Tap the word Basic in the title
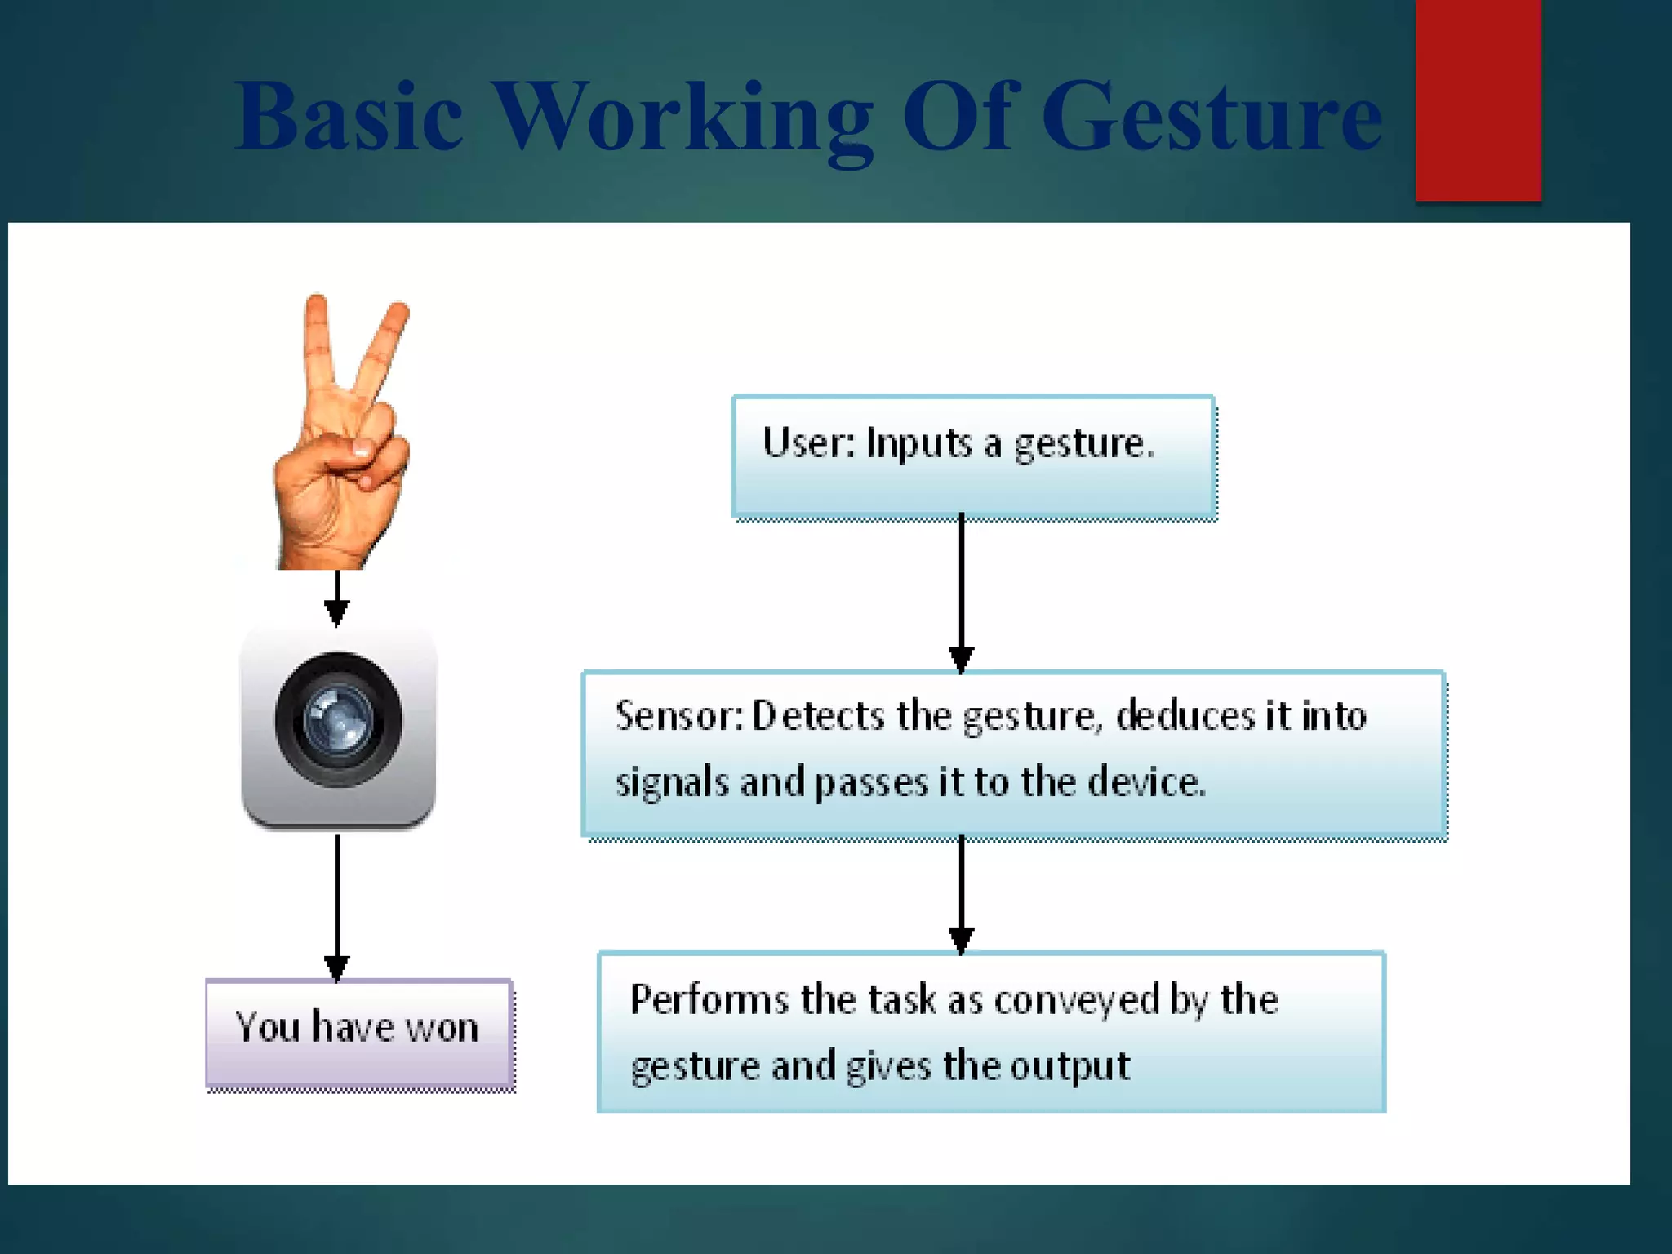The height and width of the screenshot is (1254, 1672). click(x=349, y=117)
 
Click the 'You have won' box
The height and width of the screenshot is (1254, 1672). click(x=359, y=1034)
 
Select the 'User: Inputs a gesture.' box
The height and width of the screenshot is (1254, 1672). click(x=973, y=456)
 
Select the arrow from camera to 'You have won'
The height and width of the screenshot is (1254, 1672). click(x=336, y=906)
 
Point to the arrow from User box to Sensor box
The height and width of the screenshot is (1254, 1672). click(x=961, y=592)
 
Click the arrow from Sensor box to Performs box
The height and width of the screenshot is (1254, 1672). click(x=961, y=894)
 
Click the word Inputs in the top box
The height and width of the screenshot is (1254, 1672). click(x=919, y=444)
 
